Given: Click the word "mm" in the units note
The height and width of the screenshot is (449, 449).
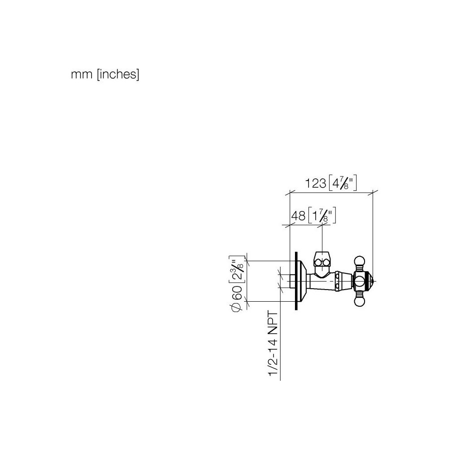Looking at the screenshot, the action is click(x=82, y=75).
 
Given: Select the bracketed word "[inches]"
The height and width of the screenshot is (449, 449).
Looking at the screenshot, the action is click(x=118, y=74).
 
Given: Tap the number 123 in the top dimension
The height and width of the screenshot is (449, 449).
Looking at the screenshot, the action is click(x=315, y=183).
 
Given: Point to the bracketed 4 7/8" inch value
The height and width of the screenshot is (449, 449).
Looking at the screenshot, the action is click(x=343, y=182).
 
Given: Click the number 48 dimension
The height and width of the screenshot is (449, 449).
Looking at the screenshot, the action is click(x=299, y=216).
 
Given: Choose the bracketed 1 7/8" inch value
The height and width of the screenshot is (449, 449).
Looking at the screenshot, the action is click(x=322, y=216).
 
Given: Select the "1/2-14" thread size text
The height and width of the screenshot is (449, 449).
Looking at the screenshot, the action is click(x=273, y=357).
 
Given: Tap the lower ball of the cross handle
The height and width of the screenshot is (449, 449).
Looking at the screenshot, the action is click(x=360, y=302).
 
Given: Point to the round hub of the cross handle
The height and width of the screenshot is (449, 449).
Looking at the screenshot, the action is click(x=360, y=282).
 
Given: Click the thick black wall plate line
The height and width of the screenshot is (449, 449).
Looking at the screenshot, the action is click(x=296, y=281).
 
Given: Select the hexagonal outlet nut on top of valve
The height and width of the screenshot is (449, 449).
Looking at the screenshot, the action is click(x=322, y=260).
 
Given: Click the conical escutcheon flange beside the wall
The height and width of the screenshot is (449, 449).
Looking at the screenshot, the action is click(x=302, y=281).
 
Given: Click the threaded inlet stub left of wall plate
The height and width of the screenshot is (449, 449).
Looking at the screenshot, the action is click(x=292, y=281).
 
